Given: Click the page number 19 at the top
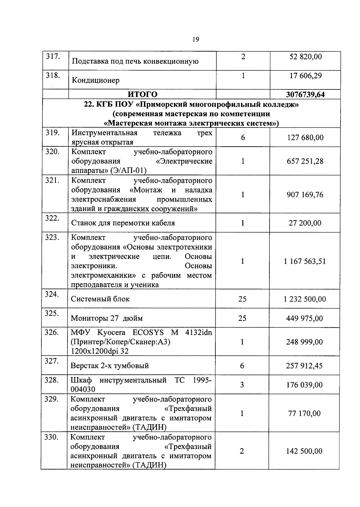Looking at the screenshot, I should pos(195,40).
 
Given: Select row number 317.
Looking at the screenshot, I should pos(52,56).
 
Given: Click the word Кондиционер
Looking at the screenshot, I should pos(95,80).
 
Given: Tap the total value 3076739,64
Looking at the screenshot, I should pos(305,94).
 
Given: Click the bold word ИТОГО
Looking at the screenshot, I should pos(142,94).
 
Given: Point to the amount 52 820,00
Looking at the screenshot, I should pos(305,57).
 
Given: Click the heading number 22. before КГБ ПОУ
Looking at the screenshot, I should pos(89,105).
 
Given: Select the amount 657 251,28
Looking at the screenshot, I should pos(305,161).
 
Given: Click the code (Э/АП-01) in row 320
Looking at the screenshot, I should pos(128,171).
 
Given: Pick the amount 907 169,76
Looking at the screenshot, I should pos(305,195).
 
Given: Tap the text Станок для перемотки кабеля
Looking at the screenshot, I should pos(123,223).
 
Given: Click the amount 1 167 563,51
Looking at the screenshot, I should pos(304,261).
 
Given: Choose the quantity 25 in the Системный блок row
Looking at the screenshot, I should pos(242,299).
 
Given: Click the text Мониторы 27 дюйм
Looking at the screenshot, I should pos(106,318).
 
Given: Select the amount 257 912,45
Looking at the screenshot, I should pos(304,366).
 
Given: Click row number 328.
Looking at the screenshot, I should pos(51,380).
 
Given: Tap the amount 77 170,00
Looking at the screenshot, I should pos(304,413).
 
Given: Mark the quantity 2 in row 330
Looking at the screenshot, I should pos(242,451).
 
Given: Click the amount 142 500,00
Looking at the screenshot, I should pos(304,451).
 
